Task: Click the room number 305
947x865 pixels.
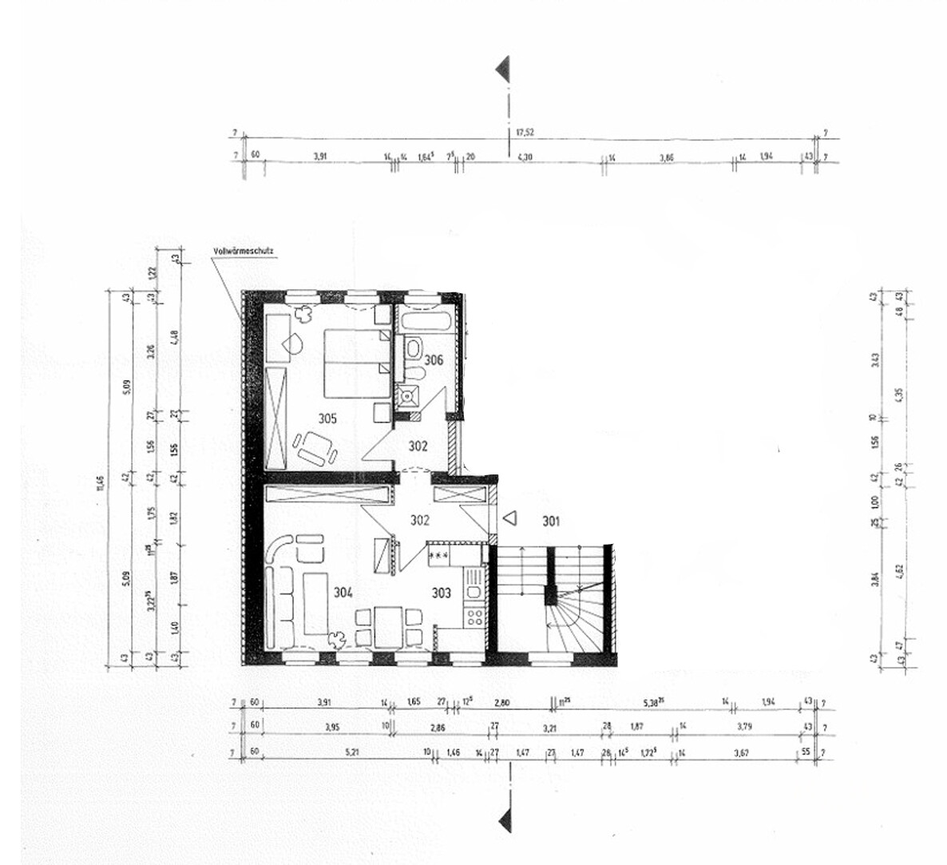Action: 327,418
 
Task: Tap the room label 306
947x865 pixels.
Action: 434,360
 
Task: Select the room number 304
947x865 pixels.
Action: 341,593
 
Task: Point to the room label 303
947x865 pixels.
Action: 442,593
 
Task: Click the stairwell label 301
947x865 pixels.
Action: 550,522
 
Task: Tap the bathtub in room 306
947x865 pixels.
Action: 428,323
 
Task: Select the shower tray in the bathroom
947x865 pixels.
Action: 409,395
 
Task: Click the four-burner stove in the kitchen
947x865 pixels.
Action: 474,616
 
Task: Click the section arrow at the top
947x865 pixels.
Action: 503,69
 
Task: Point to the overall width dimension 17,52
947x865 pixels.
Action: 524,133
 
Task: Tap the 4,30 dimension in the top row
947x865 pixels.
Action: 525,158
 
